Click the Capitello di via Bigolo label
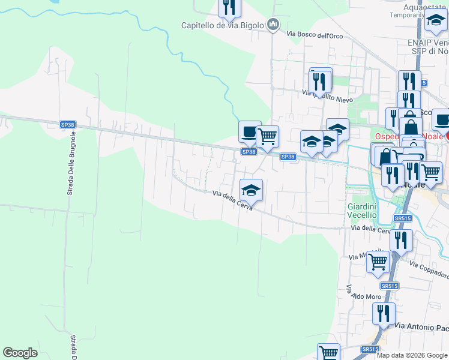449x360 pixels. pos(223,25)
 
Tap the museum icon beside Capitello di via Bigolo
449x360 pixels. pos(274,25)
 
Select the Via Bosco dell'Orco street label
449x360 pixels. pos(315,35)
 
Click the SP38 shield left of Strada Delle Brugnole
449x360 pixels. pos(68,125)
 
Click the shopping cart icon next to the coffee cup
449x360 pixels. pos(267,136)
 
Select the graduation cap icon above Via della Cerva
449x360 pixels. pos(251,190)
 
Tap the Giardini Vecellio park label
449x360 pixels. pos(361,211)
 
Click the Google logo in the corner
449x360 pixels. pos(20,353)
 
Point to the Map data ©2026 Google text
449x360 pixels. pos(412,355)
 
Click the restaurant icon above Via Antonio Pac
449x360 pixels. pos(384,313)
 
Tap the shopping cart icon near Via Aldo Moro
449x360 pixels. pos(378,262)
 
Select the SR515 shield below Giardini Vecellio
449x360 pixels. pos(402,218)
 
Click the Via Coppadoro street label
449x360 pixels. pos(429,270)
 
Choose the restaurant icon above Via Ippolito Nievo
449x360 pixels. pos(321,80)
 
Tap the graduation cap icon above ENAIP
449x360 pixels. pos(435,22)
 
